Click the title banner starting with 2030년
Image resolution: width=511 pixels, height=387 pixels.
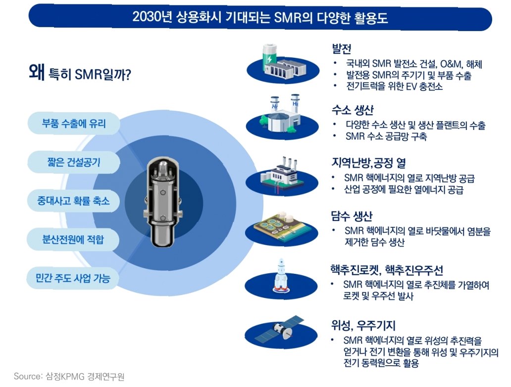(260, 18)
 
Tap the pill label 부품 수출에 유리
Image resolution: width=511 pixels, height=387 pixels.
(73, 123)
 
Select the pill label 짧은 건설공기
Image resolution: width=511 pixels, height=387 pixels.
(73, 162)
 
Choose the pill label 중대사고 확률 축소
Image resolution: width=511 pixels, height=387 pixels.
(73, 201)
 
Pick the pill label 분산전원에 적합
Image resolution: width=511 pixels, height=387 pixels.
(73, 240)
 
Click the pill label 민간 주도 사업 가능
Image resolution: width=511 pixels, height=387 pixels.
(73, 279)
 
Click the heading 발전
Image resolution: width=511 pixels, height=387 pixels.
(342, 49)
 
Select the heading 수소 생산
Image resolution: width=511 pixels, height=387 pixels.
(352, 110)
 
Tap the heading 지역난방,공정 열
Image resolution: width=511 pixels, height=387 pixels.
(368, 163)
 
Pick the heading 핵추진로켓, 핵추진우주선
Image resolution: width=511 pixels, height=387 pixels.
(386, 270)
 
